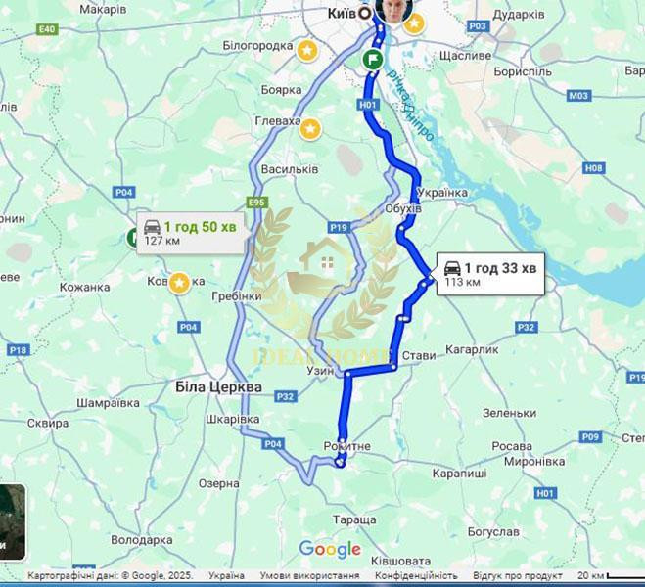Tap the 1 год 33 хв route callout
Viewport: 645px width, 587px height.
pos(489,273)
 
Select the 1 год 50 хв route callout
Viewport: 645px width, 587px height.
pos(190,233)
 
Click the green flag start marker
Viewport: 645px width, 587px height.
pos(373,59)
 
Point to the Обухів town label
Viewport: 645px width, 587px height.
pos(402,208)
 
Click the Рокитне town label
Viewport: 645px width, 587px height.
pos(346,446)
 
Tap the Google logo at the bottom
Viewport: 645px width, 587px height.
pos(330,549)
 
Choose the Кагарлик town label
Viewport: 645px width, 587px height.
pos(472,349)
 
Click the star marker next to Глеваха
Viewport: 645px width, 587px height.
pos(310,128)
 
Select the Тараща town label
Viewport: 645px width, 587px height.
pos(353,519)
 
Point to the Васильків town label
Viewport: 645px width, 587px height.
pos(291,169)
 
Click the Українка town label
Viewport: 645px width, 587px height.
pos(441,192)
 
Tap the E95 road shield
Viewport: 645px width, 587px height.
pos(257,203)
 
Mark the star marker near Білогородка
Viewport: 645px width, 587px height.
pos(307,50)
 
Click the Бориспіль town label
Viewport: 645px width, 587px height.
pos(524,71)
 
